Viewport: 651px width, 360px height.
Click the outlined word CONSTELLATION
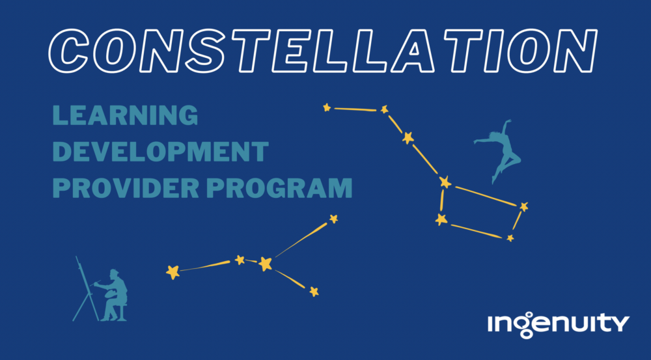pos(323,51)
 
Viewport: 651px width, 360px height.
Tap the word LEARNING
pos(125,115)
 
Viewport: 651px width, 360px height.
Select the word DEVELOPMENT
pos(161,152)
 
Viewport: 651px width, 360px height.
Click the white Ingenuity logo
pos(559,324)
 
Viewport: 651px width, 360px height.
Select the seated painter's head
pos(114,275)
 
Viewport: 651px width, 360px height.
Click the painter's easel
pos(86,288)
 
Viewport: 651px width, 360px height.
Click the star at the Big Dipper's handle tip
pos(327,107)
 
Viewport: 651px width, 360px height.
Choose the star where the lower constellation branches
pos(265,264)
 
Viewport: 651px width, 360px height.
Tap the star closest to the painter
pos(173,272)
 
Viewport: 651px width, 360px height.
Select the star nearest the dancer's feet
pos(445,182)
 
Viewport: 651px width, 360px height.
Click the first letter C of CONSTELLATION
pos(69,51)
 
